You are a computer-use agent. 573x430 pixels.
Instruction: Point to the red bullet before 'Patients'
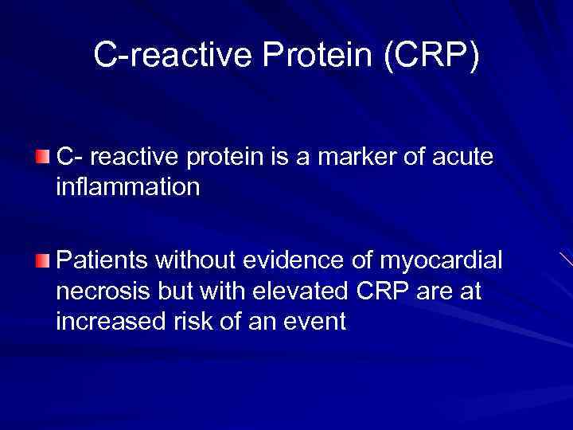point(42,260)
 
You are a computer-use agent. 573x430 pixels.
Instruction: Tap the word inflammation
point(127,188)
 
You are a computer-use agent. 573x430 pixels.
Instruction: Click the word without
point(204,260)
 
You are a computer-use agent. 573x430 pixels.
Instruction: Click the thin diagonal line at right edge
point(566,259)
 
